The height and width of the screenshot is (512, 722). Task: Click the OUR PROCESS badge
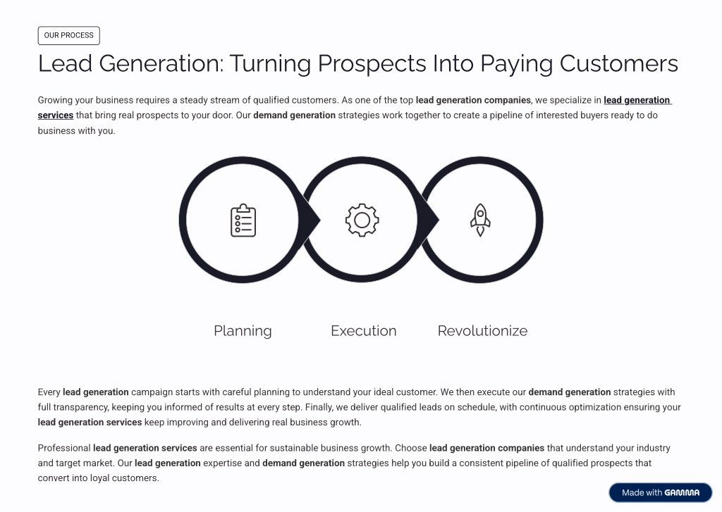(x=68, y=35)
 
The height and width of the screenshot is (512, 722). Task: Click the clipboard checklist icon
(x=243, y=220)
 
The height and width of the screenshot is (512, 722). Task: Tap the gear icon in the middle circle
(x=362, y=220)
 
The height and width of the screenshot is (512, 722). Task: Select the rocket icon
(x=480, y=220)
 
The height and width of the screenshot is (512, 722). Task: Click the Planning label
(x=243, y=331)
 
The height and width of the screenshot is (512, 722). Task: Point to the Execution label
(x=363, y=331)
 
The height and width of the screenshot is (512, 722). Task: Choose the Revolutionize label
(x=482, y=331)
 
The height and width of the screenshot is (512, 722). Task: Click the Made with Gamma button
(x=660, y=493)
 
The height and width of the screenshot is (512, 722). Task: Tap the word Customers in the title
(x=618, y=63)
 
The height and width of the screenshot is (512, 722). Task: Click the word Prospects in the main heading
(x=372, y=63)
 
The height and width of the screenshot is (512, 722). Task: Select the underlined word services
(x=56, y=115)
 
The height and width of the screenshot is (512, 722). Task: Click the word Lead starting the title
(x=65, y=63)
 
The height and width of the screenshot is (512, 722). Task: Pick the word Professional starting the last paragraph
(x=64, y=448)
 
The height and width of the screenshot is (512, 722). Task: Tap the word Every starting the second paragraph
(x=49, y=392)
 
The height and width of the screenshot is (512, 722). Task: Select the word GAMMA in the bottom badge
(x=682, y=493)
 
